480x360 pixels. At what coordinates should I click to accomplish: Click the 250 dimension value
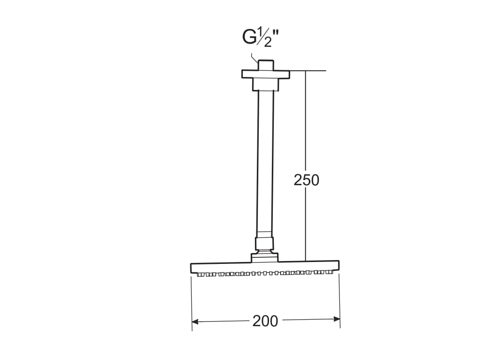[306, 180]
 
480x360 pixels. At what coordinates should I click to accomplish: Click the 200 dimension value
[265, 321]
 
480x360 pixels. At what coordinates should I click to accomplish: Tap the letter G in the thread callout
[249, 37]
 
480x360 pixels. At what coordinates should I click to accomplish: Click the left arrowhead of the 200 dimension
[195, 322]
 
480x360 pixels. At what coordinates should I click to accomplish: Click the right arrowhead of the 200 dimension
[337, 319]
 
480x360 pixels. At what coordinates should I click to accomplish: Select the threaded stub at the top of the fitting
[266, 65]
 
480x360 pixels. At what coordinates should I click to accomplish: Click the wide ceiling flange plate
[266, 75]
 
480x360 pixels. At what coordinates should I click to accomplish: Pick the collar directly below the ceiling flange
[266, 85]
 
